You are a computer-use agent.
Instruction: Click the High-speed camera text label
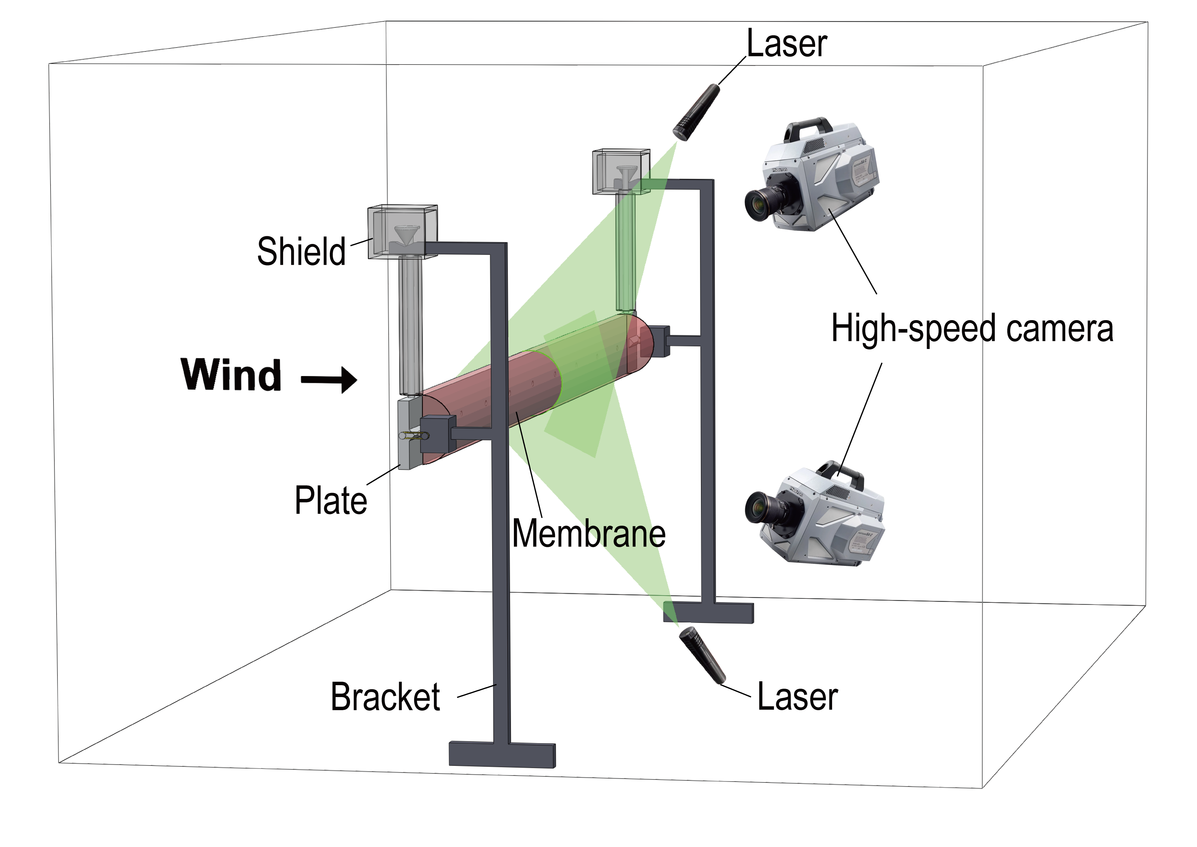click(972, 328)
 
